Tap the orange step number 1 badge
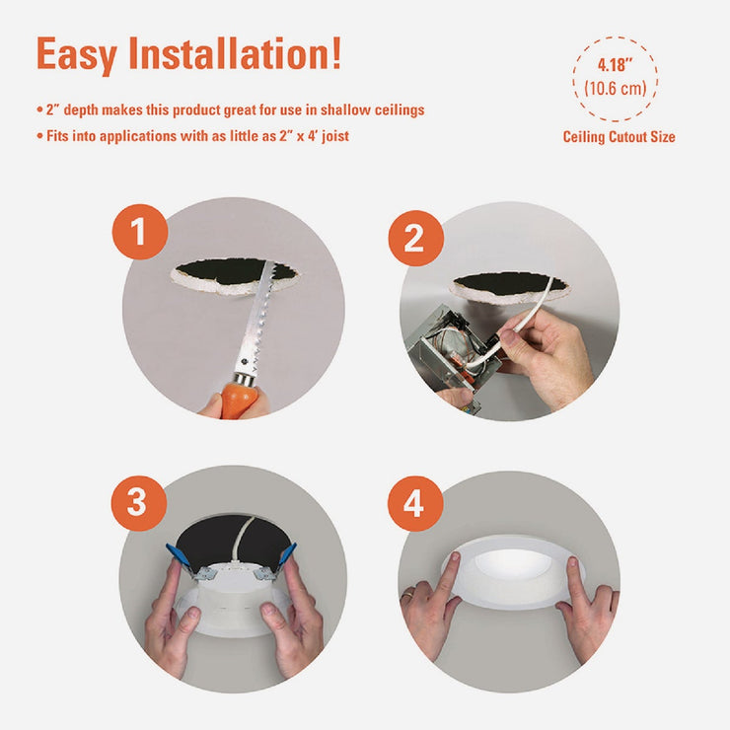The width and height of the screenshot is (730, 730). [138, 232]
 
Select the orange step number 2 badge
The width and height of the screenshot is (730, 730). [415, 238]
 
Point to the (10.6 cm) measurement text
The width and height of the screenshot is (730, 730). [615, 89]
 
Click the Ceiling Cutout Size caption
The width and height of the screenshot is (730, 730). [619, 137]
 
